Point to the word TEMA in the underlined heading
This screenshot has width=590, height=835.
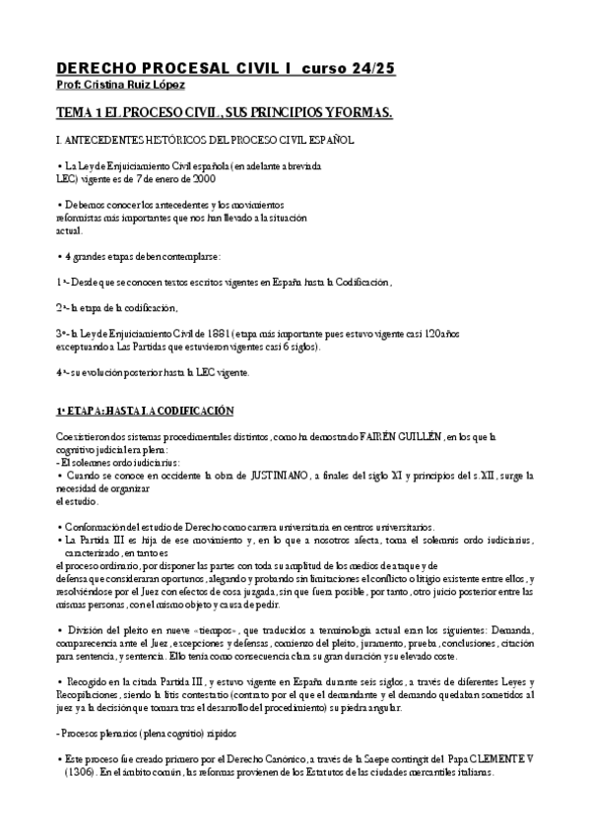78,114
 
